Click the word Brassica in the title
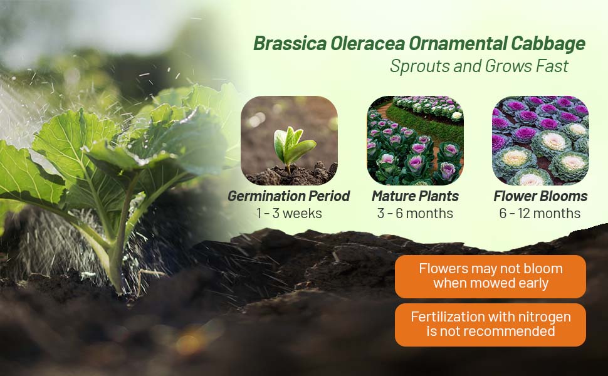point(290,43)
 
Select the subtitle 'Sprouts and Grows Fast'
point(480,66)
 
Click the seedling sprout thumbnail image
point(289,140)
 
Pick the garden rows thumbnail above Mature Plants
point(416,140)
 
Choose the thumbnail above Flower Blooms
point(540,140)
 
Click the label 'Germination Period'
point(289,196)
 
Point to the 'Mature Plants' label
point(416,196)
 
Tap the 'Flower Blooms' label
point(540,196)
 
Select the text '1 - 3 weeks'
point(289,213)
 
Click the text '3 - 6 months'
point(416,213)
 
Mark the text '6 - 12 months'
point(540,213)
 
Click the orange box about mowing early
point(491,276)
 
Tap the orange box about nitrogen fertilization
point(491,325)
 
